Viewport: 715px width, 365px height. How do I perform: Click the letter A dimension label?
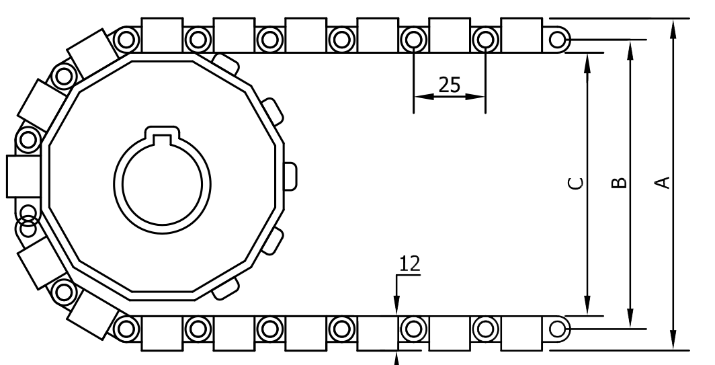point(663,182)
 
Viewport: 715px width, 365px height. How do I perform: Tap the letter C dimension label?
point(576,183)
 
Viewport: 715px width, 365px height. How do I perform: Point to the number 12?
point(410,263)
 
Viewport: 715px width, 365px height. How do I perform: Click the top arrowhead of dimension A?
point(673,27)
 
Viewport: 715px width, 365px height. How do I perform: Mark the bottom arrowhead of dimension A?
point(673,341)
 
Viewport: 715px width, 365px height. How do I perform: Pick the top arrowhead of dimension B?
point(630,48)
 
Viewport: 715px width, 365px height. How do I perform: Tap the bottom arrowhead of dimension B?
point(630,321)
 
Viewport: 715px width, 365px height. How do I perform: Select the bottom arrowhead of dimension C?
point(587,307)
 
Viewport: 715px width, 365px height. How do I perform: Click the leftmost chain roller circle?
point(413,329)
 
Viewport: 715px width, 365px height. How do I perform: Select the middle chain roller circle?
point(485,329)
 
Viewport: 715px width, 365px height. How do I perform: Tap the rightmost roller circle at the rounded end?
point(557,329)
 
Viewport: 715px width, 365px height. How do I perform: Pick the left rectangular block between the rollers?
point(449,333)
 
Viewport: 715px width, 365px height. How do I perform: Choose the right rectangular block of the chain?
point(521,333)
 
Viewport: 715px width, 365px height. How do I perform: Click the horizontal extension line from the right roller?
point(605,329)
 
